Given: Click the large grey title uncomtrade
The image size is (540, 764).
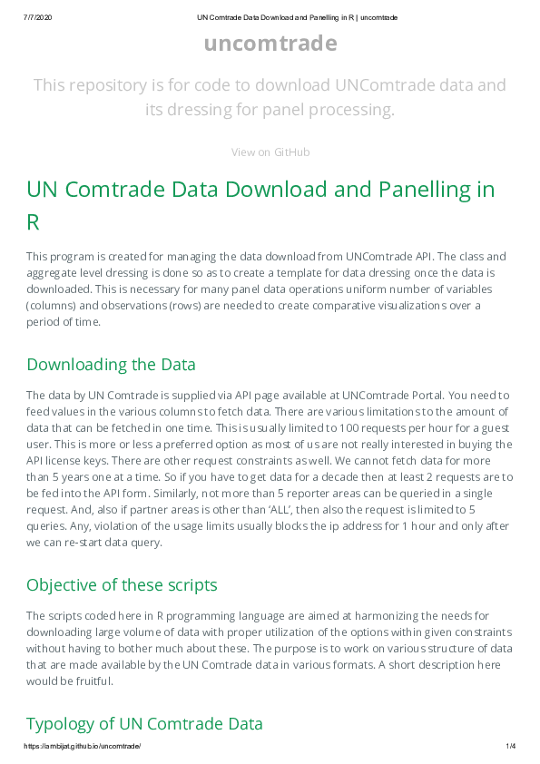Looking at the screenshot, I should [270, 44].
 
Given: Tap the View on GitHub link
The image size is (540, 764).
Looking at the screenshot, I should [270, 152].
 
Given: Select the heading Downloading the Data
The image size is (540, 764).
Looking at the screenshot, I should [111, 365].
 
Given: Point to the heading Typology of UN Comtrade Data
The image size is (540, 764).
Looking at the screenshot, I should [144, 724].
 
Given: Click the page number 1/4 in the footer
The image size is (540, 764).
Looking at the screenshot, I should [510, 746].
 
